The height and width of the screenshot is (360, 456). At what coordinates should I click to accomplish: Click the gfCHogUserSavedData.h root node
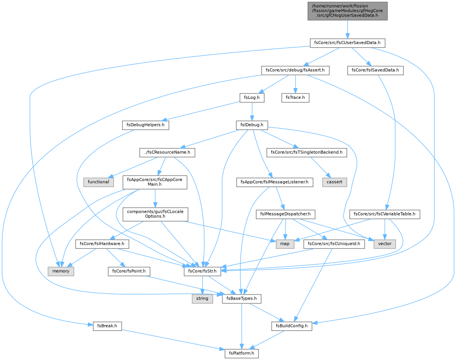[x=348, y=11]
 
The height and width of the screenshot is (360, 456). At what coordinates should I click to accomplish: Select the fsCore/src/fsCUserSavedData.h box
[x=348, y=43]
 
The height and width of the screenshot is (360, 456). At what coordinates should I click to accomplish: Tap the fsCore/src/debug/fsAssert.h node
[x=295, y=71]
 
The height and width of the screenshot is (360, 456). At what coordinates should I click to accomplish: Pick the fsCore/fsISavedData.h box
[x=375, y=71]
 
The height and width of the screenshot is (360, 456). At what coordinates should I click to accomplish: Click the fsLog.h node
[x=252, y=98]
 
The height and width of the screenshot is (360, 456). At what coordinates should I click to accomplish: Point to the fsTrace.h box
[x=295, y=98]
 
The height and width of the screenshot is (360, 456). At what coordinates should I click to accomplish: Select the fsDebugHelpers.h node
[x=145, y=125]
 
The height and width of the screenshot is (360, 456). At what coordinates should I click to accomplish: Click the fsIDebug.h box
[x=252, y=125]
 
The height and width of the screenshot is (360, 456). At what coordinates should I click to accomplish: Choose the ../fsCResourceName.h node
[x=167, y=152]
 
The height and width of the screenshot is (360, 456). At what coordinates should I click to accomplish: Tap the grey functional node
[x=98, y=182]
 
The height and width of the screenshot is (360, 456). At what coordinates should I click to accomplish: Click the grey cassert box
[x=334, y=182]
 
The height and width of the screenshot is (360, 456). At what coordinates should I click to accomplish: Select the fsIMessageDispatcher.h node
[x=285, y=214]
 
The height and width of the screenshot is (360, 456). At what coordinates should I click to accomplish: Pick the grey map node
[x=285, y=244]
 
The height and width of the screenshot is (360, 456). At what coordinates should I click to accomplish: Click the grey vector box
[x=385, y=244]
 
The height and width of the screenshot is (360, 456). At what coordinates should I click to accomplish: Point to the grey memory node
[x=61, y=271]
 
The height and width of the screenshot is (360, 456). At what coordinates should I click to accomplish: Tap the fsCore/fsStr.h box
[x=202, y=271]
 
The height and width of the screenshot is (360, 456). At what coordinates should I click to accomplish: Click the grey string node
[x=202, y=299]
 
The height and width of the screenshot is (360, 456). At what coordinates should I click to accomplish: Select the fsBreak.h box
[x=107, y=326]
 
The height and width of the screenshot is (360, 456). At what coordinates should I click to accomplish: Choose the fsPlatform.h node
[x=241, y=353]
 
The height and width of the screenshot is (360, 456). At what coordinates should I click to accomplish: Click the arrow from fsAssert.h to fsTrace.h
[x=295, y=84]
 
